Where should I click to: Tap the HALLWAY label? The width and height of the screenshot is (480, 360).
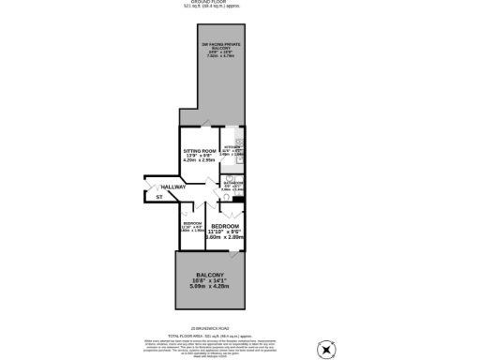[x=173, y=187]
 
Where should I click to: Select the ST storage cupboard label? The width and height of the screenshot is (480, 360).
[x=158, y=197]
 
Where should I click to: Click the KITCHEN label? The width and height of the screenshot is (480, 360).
[x=233, y=147]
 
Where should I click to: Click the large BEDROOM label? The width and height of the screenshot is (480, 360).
[x=225, y=228]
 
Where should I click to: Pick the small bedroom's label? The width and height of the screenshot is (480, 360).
[x=192, y=223]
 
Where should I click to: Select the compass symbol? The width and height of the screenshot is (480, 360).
[x=326, y=350]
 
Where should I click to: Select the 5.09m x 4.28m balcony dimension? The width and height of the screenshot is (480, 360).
[x=210, y=287]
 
